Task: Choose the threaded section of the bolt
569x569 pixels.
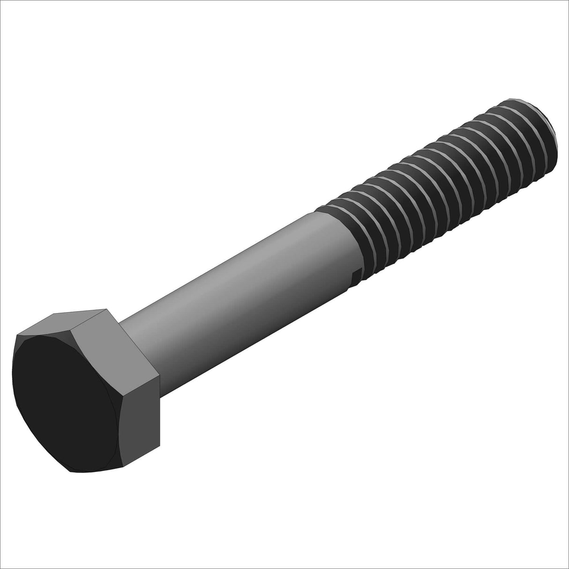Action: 445,178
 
